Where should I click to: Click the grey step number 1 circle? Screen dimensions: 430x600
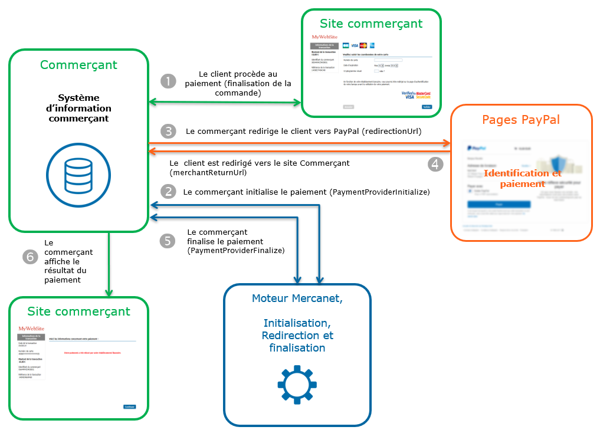tap(169, 81)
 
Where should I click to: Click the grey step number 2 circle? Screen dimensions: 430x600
tap(169, 192)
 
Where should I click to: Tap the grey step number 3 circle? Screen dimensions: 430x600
tap(169, 131)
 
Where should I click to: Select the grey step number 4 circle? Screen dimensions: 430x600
tap(435, 163)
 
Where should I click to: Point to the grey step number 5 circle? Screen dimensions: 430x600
tap(168, 241)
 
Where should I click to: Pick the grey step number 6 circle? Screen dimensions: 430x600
tap(29, 257)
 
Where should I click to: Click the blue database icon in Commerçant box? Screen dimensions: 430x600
tap(78, 171)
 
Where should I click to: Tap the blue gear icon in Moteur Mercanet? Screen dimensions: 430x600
tap(297, 385)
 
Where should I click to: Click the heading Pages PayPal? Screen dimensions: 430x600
tap(521, 120)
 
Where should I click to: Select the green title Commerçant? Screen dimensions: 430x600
tap(78, 65)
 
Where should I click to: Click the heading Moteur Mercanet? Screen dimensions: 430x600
tap(297, 298)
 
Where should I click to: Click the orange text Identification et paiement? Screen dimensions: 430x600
tap(522, 178)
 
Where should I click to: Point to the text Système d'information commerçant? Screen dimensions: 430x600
tap(78, 108)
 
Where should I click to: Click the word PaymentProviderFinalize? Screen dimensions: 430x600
tap(236, 250)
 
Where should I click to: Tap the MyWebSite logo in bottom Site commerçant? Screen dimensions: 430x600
tap(32, 328)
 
